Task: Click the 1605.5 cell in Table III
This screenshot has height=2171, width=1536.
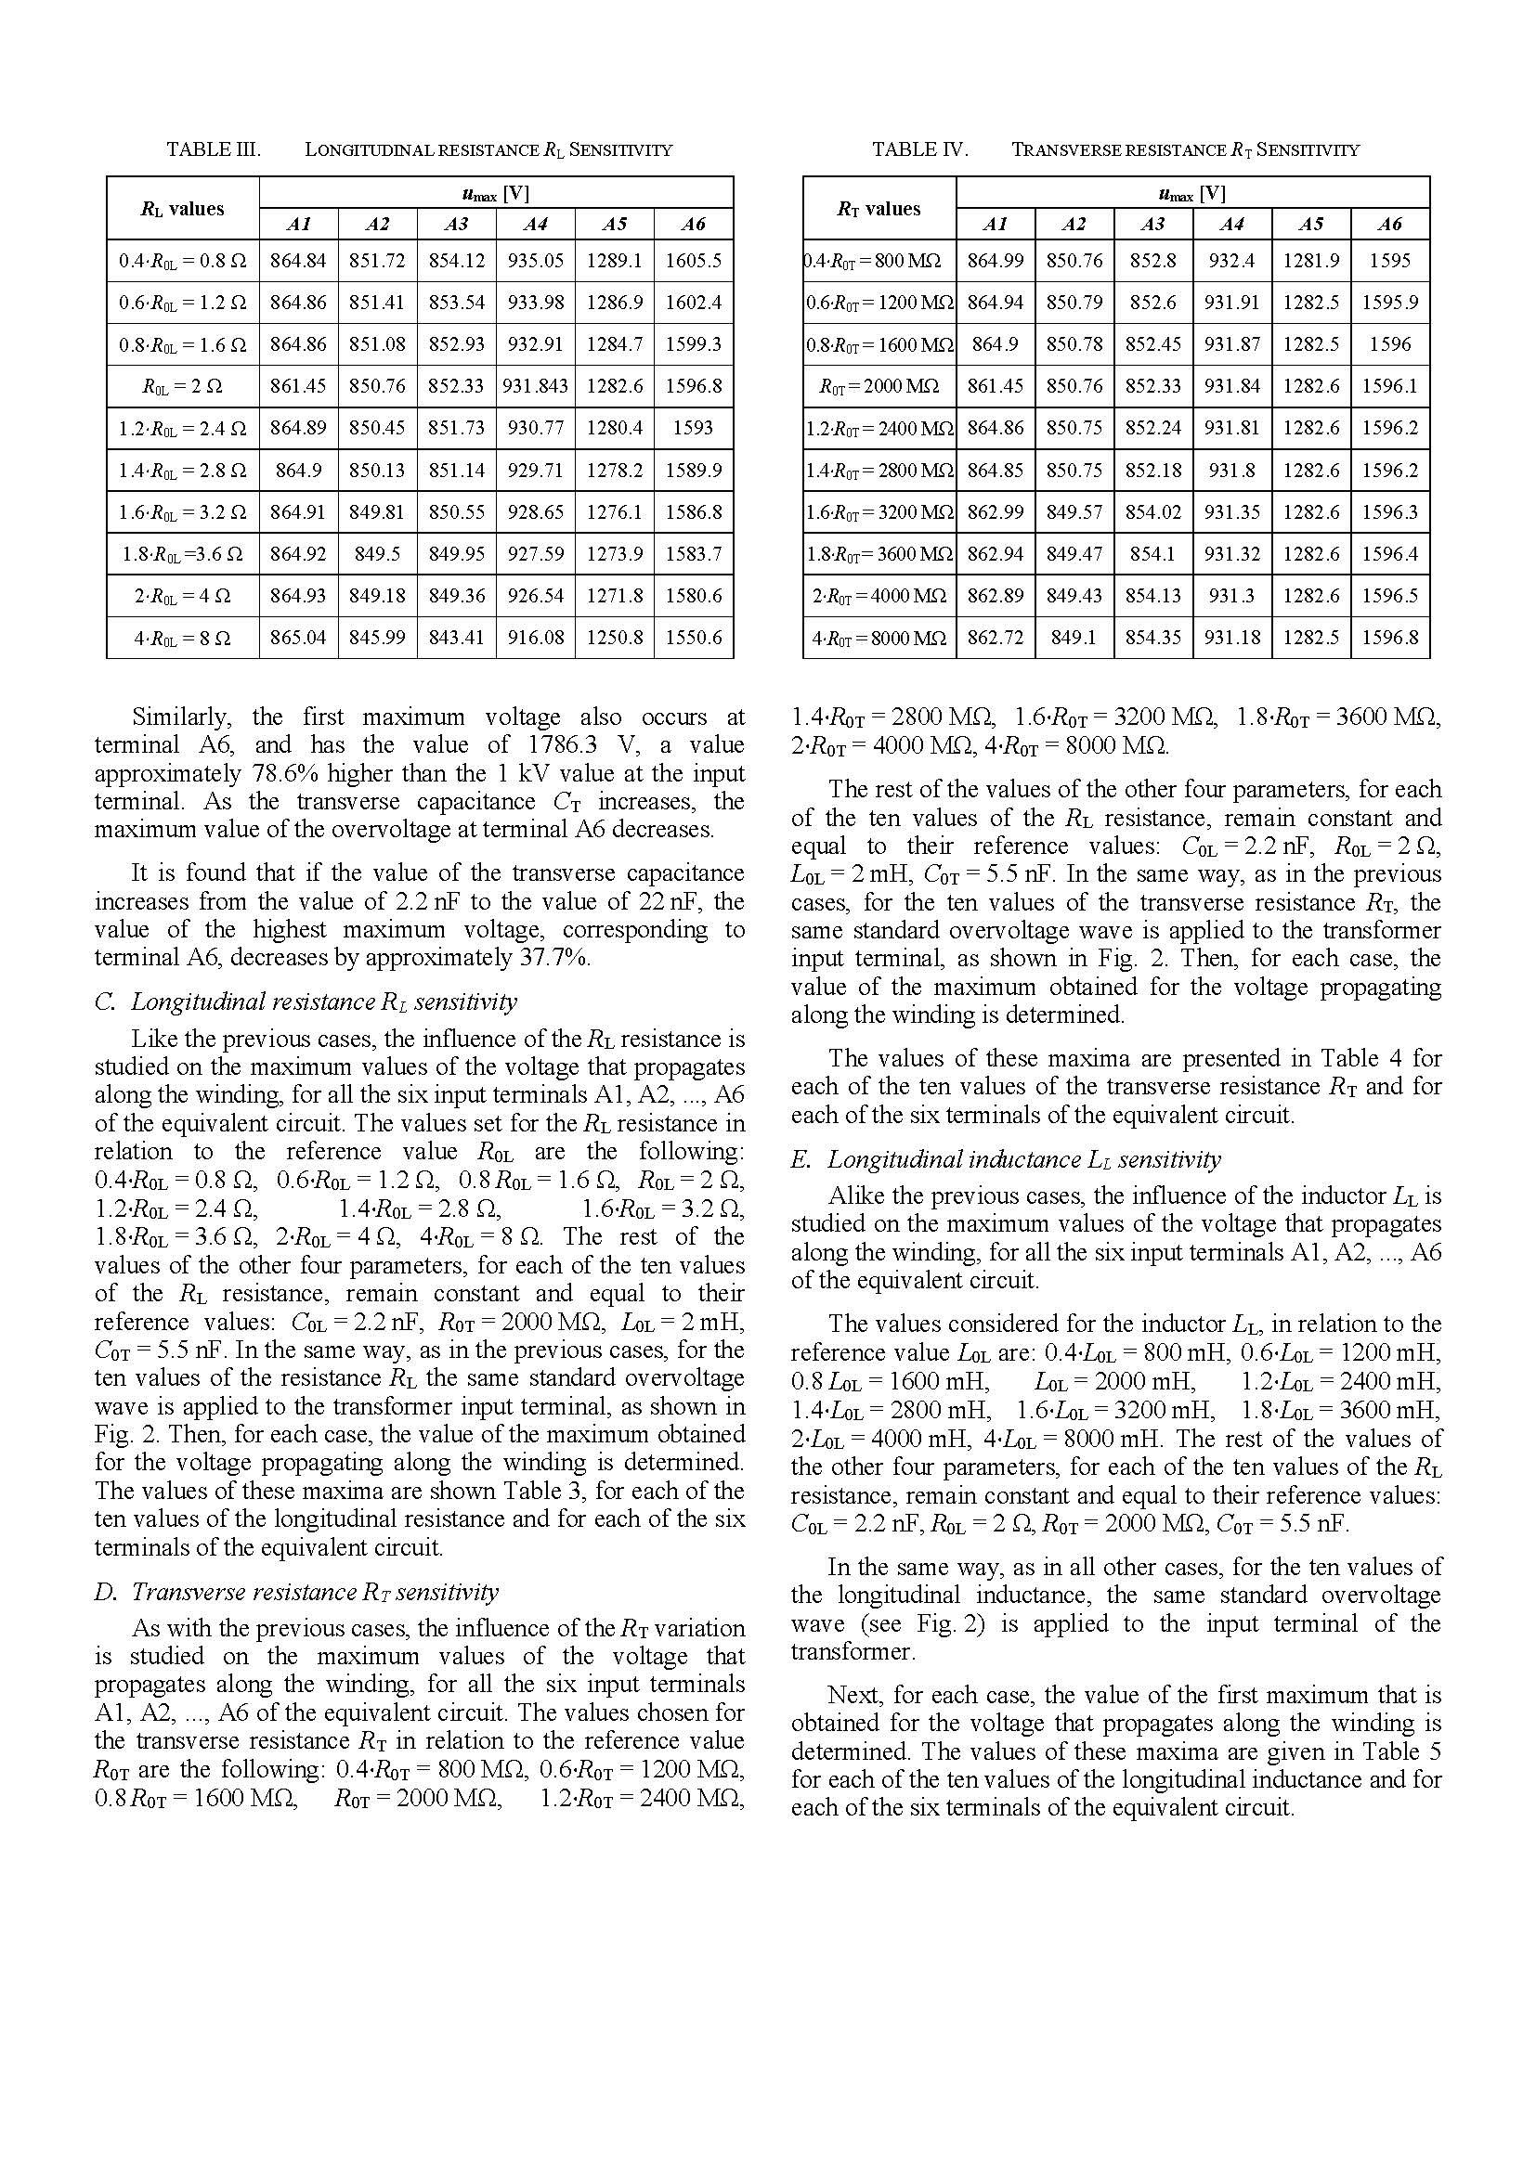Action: [694, 261]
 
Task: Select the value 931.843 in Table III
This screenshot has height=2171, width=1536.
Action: [535, 386]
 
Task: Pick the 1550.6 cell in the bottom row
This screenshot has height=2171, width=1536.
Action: [694, 639]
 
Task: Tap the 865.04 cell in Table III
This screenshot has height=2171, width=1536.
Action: [298, 639]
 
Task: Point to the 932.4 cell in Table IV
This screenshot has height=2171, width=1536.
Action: [1231, 261]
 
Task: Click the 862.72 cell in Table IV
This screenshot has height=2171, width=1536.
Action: [995, 639]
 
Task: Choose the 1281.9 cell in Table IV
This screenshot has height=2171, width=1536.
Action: [1311, 261]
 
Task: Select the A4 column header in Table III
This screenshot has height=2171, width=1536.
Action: [535, 224]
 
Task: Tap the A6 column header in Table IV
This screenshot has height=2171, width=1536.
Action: [1389, 224]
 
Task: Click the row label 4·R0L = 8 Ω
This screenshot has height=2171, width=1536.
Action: [183, 639]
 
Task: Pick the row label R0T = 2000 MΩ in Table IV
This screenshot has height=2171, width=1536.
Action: [879, 386]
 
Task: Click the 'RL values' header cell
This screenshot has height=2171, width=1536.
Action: [183, 209]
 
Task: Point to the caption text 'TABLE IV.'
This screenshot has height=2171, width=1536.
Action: [919, 149]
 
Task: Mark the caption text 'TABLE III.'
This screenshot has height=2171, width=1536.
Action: [214, 149]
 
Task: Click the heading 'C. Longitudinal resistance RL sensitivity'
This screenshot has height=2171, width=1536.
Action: [306, 1002]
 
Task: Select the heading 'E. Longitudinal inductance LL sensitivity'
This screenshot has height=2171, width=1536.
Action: [1006, 1159]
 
